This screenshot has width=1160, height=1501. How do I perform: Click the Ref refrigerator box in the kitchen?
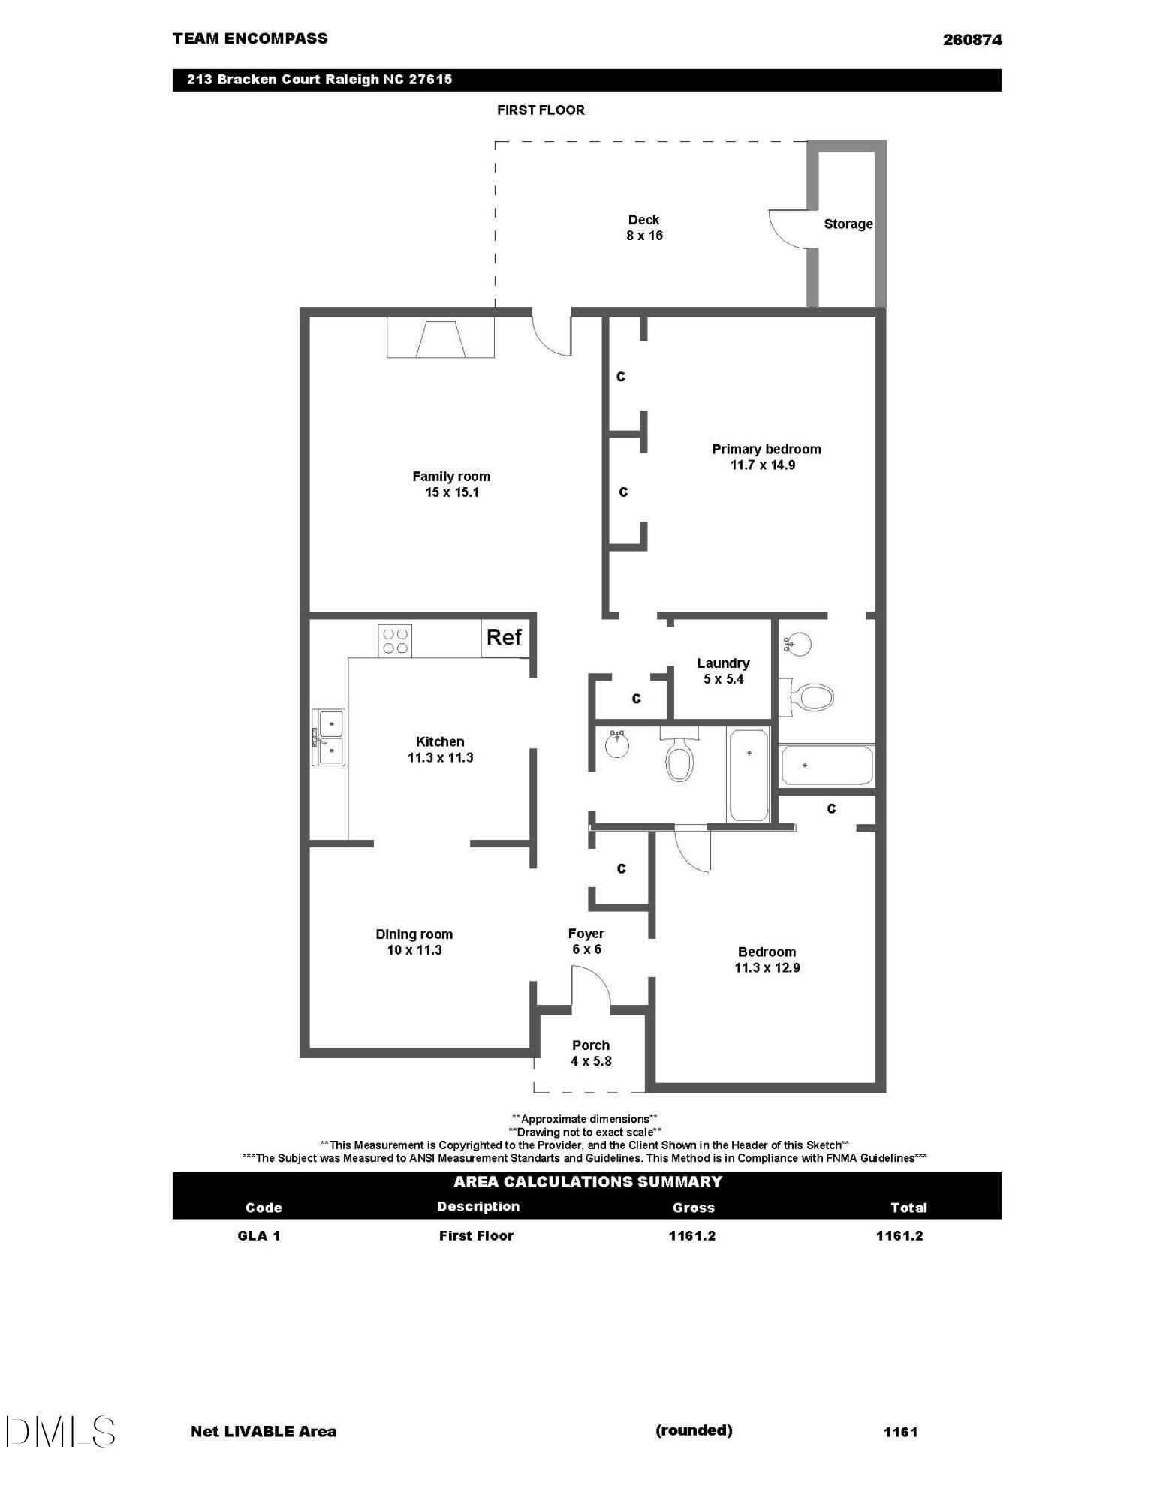tap(504, 638)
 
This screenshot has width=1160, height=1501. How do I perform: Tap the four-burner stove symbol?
tap(395, 641)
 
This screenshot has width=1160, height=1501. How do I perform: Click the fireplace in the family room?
tap(441, 338)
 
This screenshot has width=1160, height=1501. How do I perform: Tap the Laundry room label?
tap(723, 663)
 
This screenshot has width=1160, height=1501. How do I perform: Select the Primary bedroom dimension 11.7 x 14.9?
tap(763, 465)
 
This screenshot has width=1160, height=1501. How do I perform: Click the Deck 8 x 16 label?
tap(644, 227)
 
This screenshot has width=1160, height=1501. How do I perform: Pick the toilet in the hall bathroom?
tap(679, 758)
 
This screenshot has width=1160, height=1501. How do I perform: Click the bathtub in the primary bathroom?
tap(827, 765)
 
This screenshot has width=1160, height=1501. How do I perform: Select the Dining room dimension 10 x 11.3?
tap(414, 950)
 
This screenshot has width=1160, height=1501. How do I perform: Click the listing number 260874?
tap(972, 40)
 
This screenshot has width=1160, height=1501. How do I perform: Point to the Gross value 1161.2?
tap(692, 1236)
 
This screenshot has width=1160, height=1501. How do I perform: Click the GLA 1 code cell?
tap(259, 1236)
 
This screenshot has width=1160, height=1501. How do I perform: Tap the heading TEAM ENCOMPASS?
tap(250, 39)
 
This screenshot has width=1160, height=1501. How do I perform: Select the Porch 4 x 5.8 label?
tap(591, 1053)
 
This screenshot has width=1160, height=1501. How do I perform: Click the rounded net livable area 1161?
tap(900, 1432)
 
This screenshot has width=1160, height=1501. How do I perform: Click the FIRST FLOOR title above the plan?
tap(541, 110)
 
